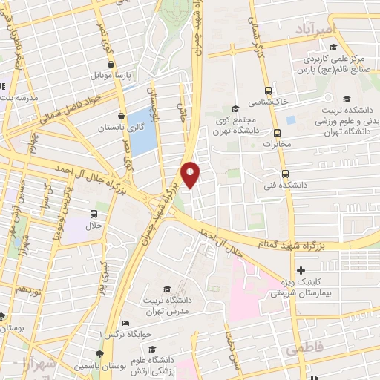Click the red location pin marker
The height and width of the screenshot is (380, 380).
pyautogui.click(x=191, y=174)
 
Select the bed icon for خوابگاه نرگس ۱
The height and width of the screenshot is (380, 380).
pyautogui.click(x=126, y=324)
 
